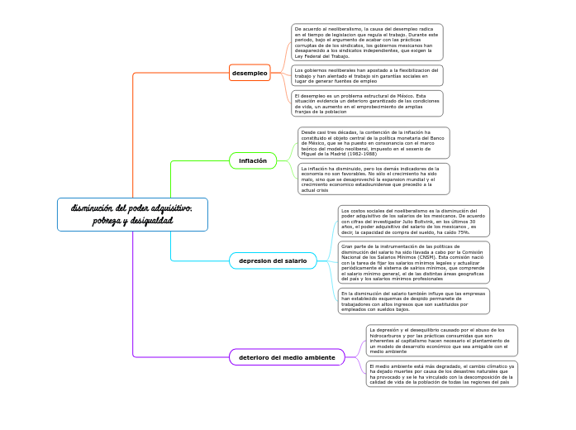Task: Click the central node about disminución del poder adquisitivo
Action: pyautogui.click(x=132, y=214)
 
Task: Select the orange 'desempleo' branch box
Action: pyautogui.click(x=250, y=73)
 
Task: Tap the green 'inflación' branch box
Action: pyautogui.click(x=252, y=160)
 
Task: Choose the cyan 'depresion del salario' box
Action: pyautogui.click(x=272, y=260)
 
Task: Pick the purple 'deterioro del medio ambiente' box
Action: pyautogui.click(x=286, y=357)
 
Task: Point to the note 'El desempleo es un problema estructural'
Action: pyautogui.click(x=367, y=103)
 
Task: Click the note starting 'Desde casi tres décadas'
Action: pyautogui.click(x=374, y=143)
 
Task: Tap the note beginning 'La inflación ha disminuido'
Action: pyautogui.click(x=374, y=179)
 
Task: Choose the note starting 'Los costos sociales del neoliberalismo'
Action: pyautogui.click(x=413, y=222)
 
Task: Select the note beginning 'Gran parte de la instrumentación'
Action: pyautogui.click(x=413, y=262)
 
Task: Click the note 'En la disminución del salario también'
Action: pyautogui.click(x=413, y=301)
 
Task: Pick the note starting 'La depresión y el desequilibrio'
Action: pyautogui.click(x=441, y=340)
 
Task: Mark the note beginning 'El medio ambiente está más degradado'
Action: pyautogui.click(x=441, y=374)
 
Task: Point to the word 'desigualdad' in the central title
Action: pyautogui.click(x=151, y=222)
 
